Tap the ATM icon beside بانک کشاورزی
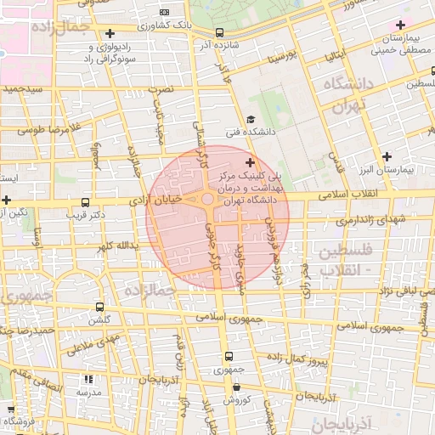(x=164, y=12)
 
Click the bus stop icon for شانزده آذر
(x=220, y=32)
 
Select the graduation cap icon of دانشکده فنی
(x=250, y=119)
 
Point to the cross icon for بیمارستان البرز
(x=387, y=156)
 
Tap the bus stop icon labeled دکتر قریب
(x=84, y=202)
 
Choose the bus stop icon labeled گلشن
(x=100, y=307)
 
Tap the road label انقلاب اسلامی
(x=350, y=195)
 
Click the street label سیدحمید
(x=27, y=88)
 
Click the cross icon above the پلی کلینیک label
(x=249, y=161)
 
